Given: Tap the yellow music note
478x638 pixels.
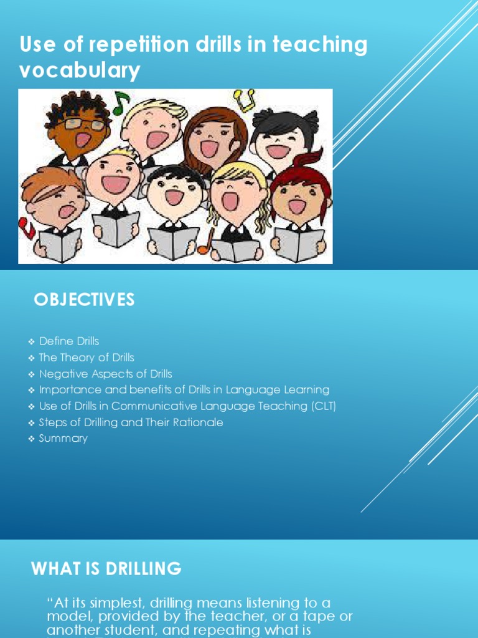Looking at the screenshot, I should click(x=245, y=98).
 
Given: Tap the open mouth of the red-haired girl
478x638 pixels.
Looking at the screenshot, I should click(x=297, y=206).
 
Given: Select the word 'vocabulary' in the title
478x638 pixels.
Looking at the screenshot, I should click(x=80, y=71).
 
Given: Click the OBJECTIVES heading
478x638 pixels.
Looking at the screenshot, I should click(x=84, y=300).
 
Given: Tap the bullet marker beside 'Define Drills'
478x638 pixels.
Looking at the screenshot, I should click(x=31, y=341).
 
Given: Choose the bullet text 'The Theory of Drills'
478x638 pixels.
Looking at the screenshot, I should click(x=87, y=358).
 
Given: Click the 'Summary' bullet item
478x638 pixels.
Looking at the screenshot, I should click(x=63, y=439).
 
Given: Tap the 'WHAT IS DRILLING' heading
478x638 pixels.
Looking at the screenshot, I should click(x=106, y=568).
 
